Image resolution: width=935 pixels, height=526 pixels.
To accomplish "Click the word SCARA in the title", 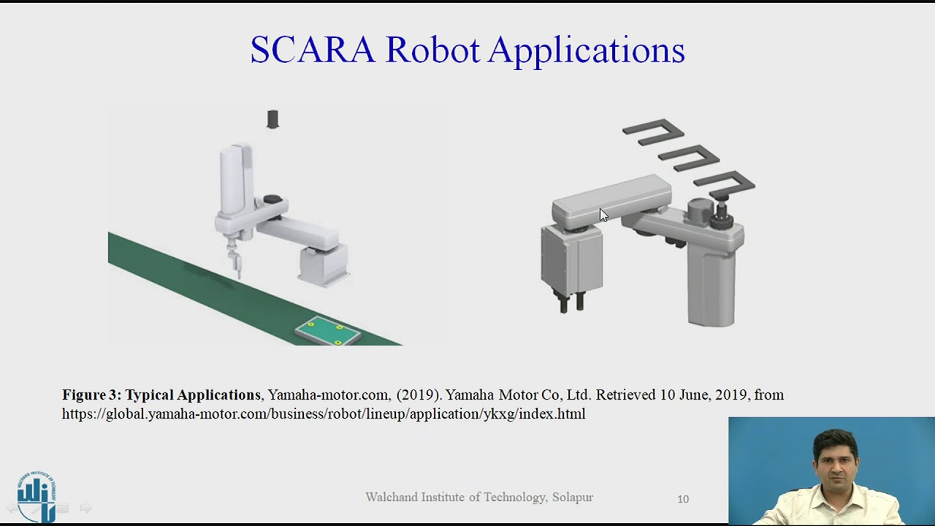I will pyautogui.click(x=313, y=50).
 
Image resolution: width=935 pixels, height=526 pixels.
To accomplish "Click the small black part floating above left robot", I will pyautogui.click(x=272, y=119).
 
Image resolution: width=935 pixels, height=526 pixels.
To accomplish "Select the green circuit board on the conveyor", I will pyautogui.click(x=327, y=332).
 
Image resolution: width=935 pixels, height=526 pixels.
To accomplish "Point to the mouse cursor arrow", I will pyautogui.click(x=603, y=215).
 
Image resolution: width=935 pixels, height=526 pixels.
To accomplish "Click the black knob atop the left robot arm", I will pyautogui.click(x=272, y=199).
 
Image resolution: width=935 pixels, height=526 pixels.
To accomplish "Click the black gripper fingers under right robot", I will pyautogui.click(x=571, y=301).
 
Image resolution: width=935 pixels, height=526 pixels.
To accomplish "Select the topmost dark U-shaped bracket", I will pyautogui.click(x=652, y=129).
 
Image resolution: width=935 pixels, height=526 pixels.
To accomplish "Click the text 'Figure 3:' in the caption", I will pyautogui.click(x=91, y=395).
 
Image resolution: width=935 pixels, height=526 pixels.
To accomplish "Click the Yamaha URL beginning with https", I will pyautogui.click(x=323, y=414).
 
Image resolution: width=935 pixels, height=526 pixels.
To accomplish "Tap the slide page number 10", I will pyautogui.click(x=683, y=499).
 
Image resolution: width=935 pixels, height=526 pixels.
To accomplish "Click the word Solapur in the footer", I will pyautogui.click(x=573, y=498).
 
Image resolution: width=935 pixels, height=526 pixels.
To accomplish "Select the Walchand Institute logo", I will pyautogui.click(x=37, y=496).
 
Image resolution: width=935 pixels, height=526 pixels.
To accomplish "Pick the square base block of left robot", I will pyautogui.click(x=323, y=264).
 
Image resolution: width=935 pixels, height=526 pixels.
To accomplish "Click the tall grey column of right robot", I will pyautogui.click(x=711, y=285).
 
